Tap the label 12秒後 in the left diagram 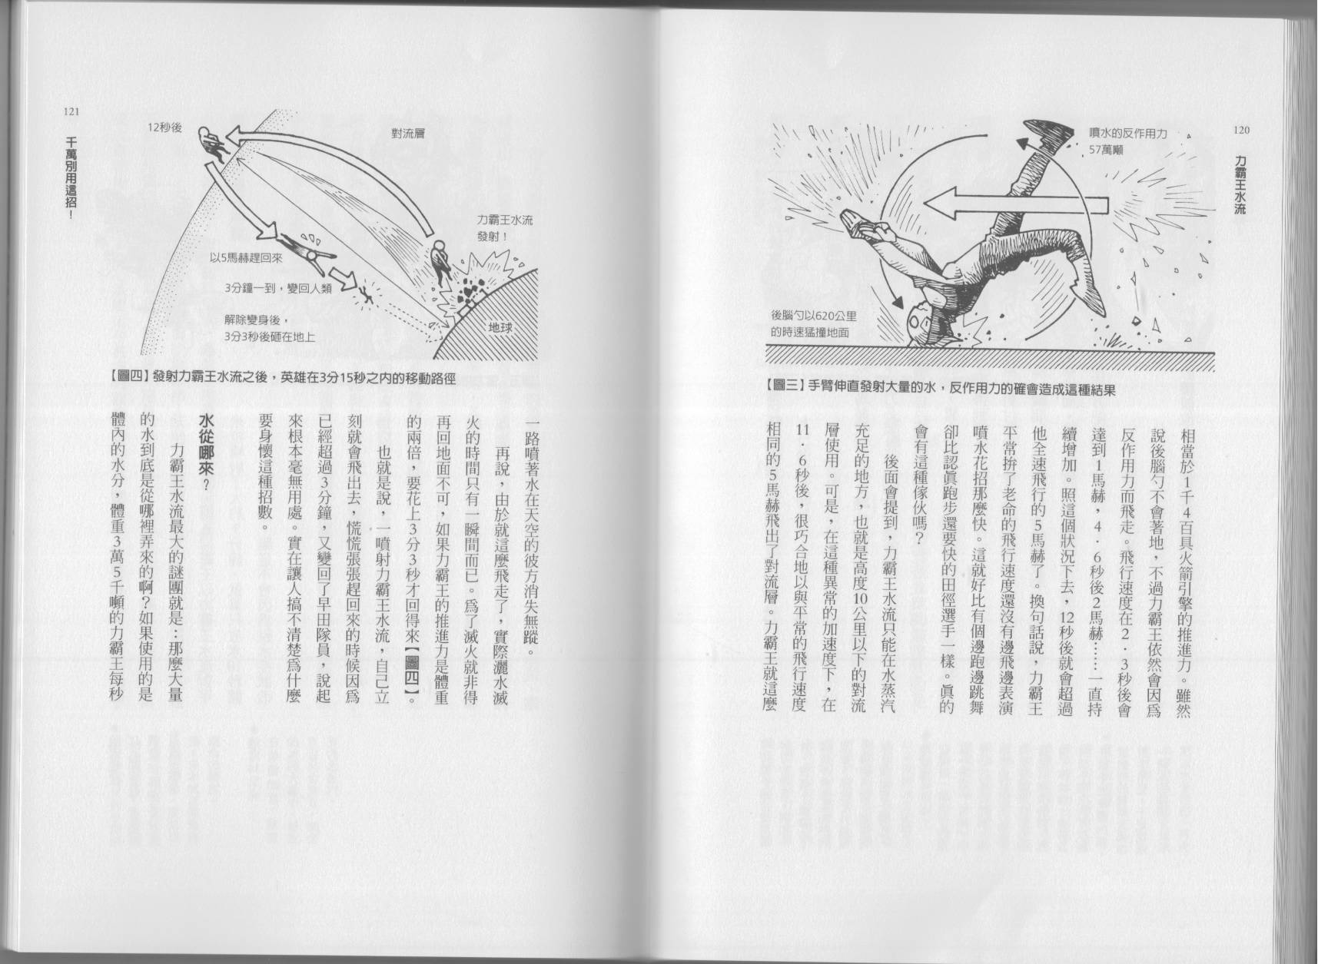point(165,128)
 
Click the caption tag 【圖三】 point(784,389)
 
